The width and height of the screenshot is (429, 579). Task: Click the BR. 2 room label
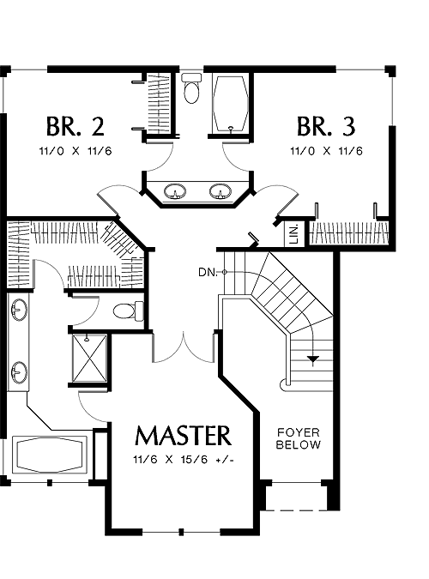76,126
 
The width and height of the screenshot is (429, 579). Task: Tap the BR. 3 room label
326,126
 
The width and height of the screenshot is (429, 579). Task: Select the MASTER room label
184,436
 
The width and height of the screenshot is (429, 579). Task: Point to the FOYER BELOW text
299,438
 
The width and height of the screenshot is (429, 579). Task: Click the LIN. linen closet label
294,233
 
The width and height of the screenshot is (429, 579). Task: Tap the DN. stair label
208,273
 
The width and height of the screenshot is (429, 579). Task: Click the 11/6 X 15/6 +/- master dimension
184,460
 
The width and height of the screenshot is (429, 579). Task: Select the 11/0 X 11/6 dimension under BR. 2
76,151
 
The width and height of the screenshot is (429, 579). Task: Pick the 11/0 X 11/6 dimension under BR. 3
326,151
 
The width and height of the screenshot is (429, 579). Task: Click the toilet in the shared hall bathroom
192,87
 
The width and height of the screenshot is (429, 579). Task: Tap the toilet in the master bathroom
128,311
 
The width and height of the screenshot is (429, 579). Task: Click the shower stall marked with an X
89,359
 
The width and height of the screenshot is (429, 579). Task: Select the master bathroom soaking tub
50,455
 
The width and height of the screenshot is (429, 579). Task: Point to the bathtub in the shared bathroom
231,104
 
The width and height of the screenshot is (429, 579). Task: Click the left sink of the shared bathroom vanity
174,191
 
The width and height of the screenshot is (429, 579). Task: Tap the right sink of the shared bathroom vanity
220,191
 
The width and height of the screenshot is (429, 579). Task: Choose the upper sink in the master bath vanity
19,310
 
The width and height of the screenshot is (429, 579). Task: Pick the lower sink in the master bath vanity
19,372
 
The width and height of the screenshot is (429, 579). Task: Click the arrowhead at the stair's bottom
313,359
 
